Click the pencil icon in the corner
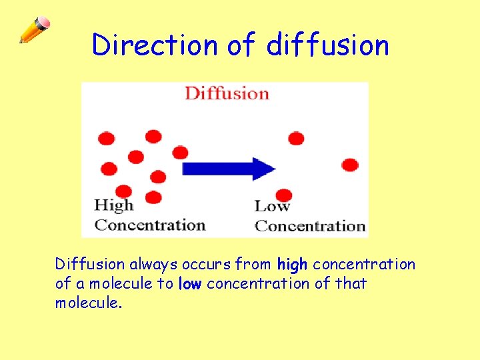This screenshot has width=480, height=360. point(34,30)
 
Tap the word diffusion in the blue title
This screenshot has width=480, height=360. point(327,45)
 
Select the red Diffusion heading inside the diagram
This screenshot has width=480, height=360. point(227,93)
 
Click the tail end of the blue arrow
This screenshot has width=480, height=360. point(187,168)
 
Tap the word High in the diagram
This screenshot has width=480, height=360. point(114,205)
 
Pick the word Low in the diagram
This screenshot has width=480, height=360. point(271,206)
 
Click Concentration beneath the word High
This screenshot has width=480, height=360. point(150,225)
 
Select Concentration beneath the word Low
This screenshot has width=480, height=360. point(311,226)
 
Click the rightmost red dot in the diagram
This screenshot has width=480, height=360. point(349,165)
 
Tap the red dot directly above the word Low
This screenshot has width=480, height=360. point(283,194)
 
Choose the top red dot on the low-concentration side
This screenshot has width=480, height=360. point(296,138)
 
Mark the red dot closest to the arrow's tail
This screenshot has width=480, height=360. point(180,153)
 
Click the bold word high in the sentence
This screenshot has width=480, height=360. point(293,265)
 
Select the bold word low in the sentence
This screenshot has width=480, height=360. point(190,284)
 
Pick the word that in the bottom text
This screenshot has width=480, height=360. point(351,284)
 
